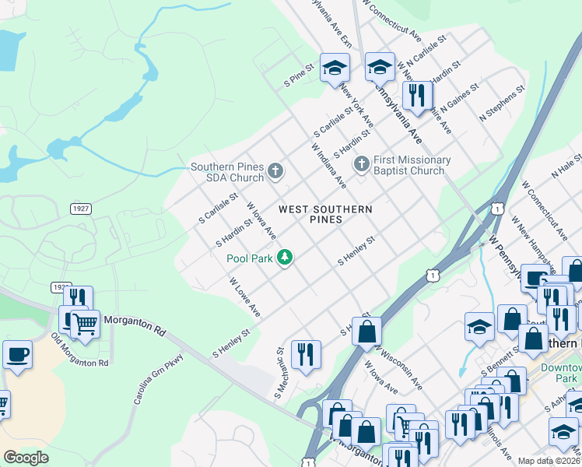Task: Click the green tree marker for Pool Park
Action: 286,258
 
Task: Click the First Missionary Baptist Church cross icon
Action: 361,164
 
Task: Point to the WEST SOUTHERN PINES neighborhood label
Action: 325,214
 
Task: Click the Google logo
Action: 26,457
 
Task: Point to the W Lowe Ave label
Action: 244,297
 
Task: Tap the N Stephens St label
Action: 502,104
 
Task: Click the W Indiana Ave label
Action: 328,166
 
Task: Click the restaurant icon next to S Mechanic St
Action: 306,353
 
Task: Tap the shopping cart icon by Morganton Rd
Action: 86,322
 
